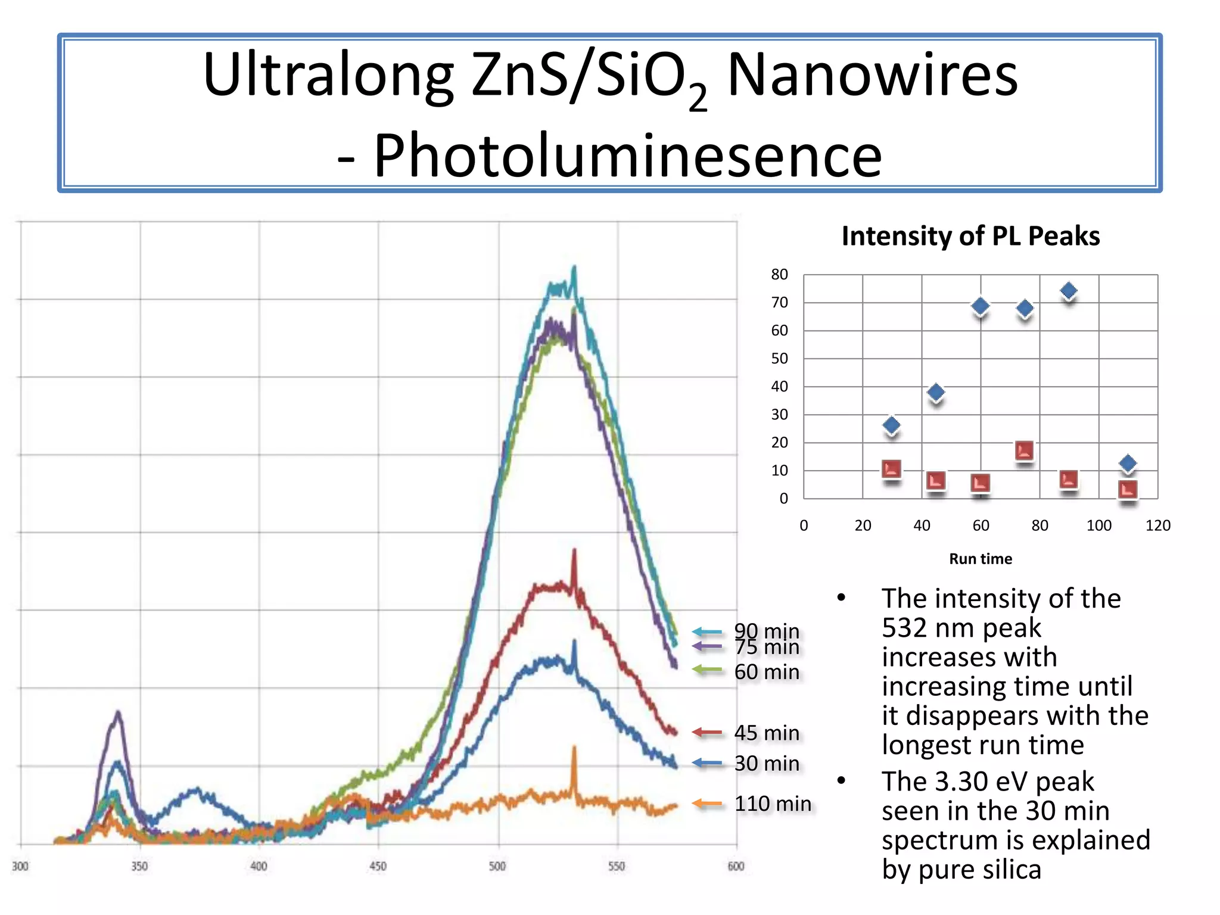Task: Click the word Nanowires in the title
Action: (872, 76)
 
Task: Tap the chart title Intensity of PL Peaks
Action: (970, 236)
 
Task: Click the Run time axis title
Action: (980, 559)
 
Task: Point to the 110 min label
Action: (773, 804)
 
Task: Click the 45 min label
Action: (767, 733)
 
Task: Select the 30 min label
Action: (767, 763)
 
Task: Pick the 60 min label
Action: (767, 672)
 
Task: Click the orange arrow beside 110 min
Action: (707, 804)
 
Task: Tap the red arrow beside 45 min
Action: (707, 733)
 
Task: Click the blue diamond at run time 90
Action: (1069, 291)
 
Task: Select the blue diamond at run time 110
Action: (1127, 463)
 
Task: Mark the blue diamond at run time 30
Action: (891, 425)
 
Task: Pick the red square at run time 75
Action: (1025, 451)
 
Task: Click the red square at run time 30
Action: (891, 469)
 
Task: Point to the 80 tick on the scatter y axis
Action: (779, 275)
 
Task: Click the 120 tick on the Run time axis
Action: (1157, 525)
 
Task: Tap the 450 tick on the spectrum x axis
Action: (378, 866)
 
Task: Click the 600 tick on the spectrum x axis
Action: (736, 866)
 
